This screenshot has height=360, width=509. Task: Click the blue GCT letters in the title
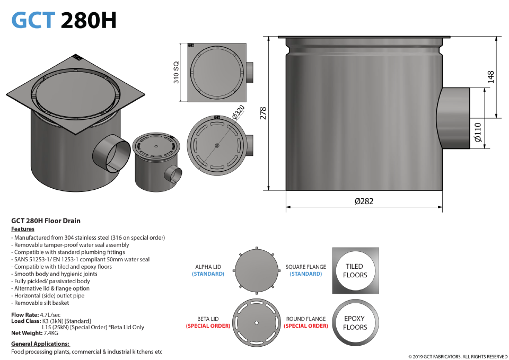click(33, 20)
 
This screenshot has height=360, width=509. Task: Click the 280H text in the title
click(89, 20)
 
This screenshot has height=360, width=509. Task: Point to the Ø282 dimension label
click(364, 201)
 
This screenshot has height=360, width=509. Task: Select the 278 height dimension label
click(263, 113)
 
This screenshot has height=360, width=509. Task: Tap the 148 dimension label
click(490, 77)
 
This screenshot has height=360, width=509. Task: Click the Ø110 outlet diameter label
click(478, 133)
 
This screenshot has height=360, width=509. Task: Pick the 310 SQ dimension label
click(176, 73)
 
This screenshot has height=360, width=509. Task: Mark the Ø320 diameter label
click(238, 112)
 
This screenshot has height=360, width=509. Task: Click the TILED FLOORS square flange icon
click(355, 271)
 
